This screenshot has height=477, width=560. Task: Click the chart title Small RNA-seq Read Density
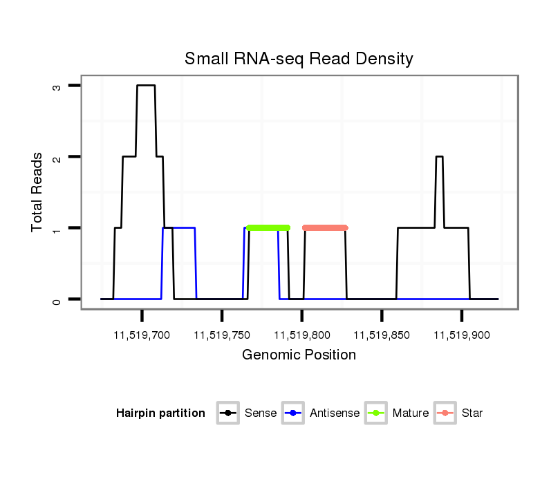pos(299,59)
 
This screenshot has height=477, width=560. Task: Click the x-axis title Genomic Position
pos(299,355)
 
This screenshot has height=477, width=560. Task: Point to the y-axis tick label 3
pos(57,86)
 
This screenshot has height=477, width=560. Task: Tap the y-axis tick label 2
pos(57,158)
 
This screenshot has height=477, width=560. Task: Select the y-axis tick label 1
pos(57,228)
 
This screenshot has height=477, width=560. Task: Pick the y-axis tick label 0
pos(57,299)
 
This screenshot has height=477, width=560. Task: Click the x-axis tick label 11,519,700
pos(142,335)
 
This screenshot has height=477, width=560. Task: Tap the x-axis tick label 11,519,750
pos(222,335)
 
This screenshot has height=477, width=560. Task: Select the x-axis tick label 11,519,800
pos(302,335)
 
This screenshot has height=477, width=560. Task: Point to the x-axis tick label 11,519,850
pos(382,335)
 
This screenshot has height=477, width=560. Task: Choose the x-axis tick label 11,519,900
pos(462,335)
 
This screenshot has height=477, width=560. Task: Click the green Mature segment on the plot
pos(268,227)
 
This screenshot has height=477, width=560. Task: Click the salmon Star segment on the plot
pos(325,227)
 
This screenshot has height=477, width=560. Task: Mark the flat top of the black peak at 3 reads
pos(145,85)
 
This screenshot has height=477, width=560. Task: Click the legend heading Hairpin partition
pos(160,413)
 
